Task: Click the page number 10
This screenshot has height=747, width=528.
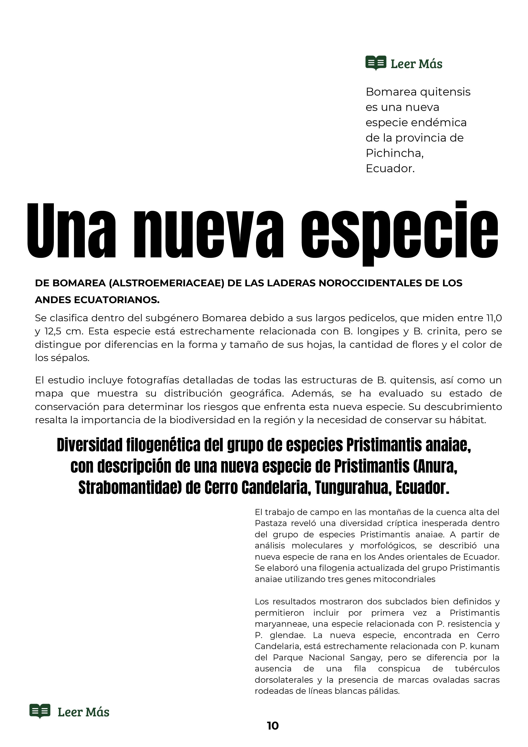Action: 273,735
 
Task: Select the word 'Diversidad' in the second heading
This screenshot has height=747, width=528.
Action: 89,445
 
